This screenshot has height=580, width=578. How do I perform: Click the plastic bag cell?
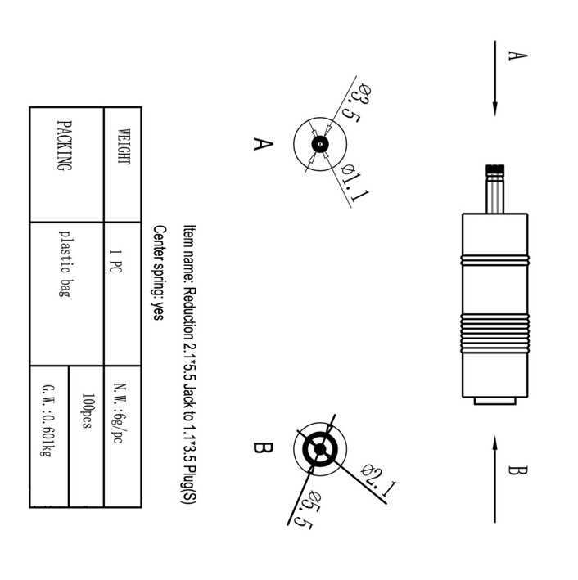pos(63,262)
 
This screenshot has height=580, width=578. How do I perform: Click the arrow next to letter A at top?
pos(495,78)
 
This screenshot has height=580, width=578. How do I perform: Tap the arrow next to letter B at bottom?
pos(495,479)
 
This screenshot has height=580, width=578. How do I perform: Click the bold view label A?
pos(261,144)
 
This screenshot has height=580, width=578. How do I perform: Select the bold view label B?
pos(261,448)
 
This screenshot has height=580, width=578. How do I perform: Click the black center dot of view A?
pos(319,146)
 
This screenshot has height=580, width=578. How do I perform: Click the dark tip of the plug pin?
pos(494,171)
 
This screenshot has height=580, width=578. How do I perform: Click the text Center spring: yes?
pos(159,272)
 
